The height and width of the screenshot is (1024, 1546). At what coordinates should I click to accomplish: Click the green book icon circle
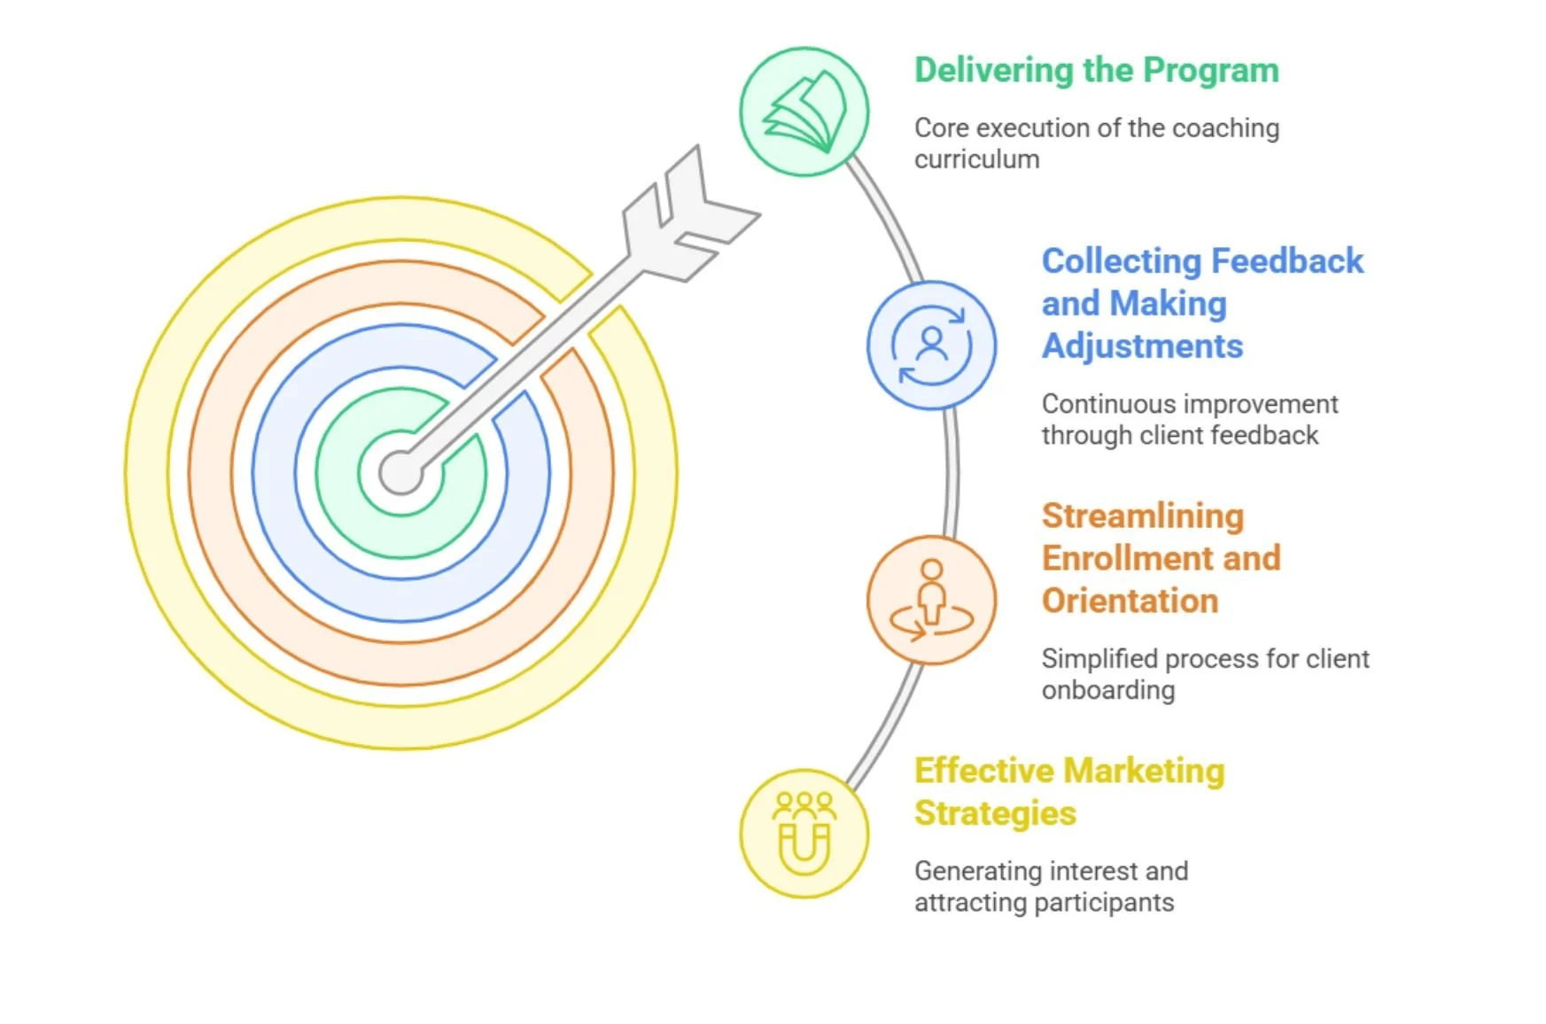804,112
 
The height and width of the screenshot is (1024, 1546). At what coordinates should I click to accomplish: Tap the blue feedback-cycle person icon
931,345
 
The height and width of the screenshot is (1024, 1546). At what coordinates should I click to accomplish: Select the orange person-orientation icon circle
931,600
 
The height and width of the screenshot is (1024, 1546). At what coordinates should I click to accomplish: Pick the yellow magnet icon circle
804,834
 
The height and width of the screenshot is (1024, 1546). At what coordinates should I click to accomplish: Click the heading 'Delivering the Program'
1096,71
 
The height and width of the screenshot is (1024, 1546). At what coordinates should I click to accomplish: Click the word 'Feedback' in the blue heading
1287,261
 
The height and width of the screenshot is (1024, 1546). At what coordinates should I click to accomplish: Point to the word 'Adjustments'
1142,346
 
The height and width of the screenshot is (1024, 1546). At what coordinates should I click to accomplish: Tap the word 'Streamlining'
1143,516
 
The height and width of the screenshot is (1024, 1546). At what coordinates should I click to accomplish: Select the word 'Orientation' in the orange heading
1130,601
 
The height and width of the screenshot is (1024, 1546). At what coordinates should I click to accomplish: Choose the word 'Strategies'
995,813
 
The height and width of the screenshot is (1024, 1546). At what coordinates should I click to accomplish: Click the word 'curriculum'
976,159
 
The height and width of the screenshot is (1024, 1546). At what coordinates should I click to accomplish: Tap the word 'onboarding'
1107,690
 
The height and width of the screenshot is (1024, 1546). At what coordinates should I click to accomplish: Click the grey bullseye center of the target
400,472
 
